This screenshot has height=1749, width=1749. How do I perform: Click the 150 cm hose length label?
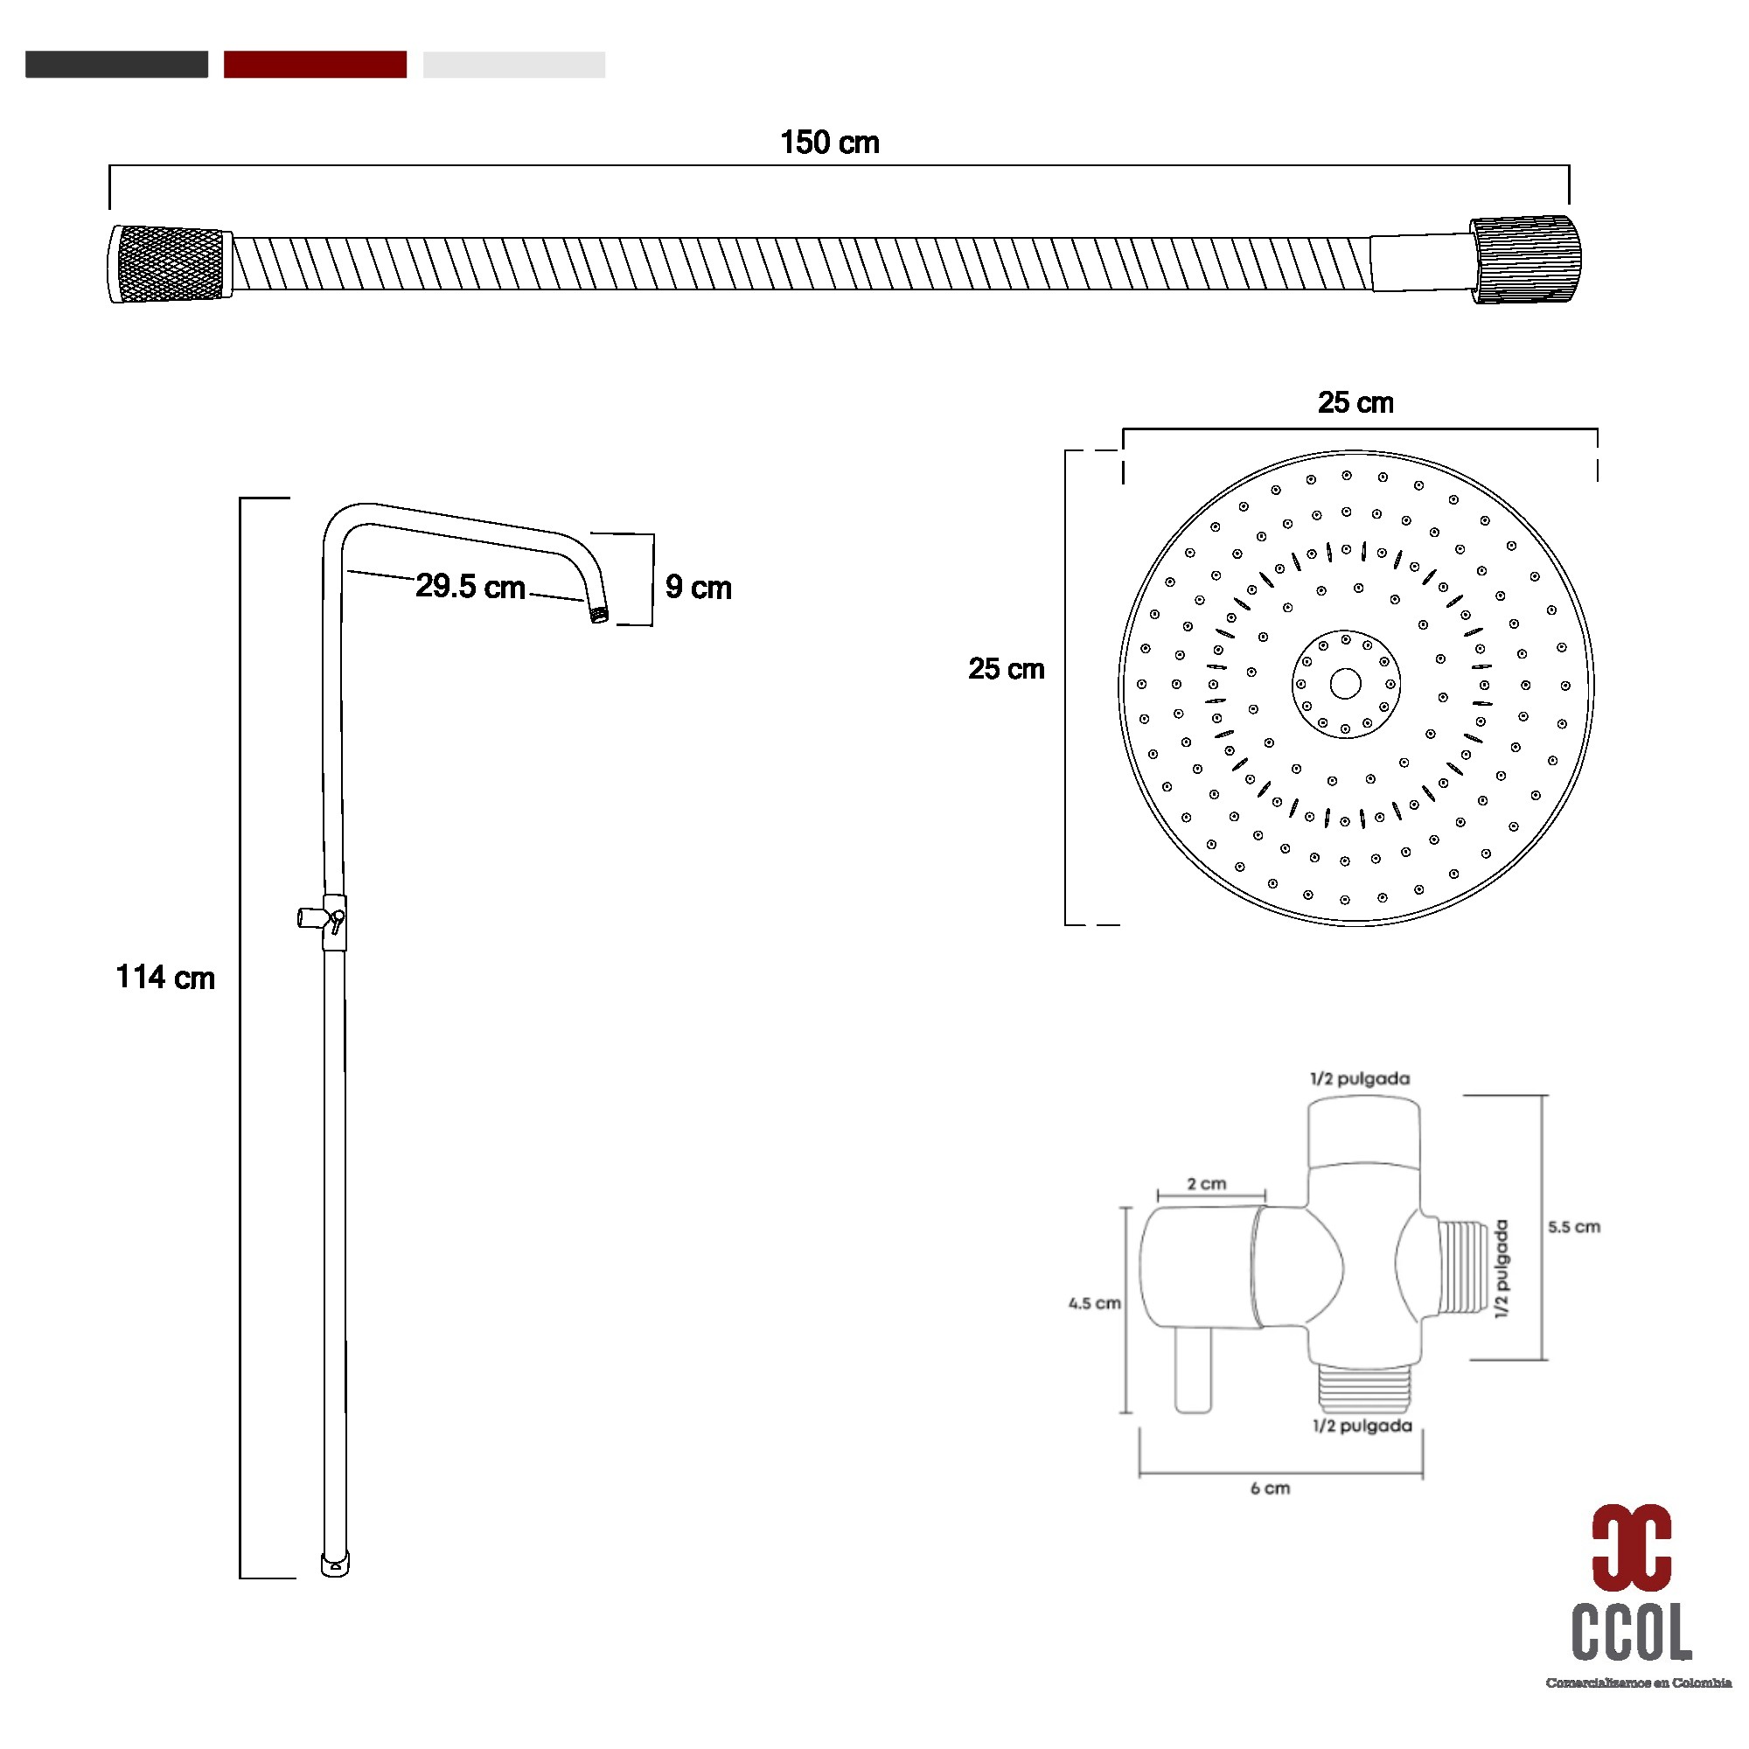829,143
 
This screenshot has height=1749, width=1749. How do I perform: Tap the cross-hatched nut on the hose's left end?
171,263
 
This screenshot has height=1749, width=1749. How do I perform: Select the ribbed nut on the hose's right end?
1525,260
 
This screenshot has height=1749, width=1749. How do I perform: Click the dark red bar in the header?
315,64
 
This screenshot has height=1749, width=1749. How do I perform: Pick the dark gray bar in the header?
117,64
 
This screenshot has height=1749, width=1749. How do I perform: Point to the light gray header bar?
514,64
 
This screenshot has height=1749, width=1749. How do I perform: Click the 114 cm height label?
165,978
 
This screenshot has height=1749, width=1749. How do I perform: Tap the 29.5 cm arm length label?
470,587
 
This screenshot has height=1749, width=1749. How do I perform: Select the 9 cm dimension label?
698,588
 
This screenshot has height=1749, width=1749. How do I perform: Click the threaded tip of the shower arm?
599,615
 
